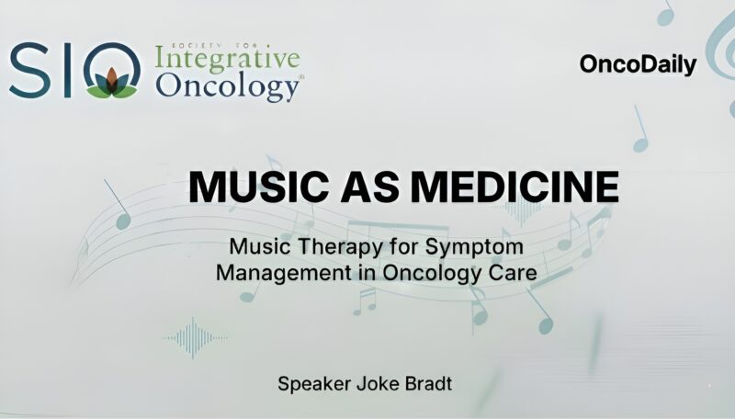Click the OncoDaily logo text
coord(638,65)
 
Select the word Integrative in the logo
coord(228,60)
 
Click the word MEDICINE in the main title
coord(515,187)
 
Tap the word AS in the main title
coord(367,187)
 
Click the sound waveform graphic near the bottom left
coord(196,337)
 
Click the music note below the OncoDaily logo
coord(640,130)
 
